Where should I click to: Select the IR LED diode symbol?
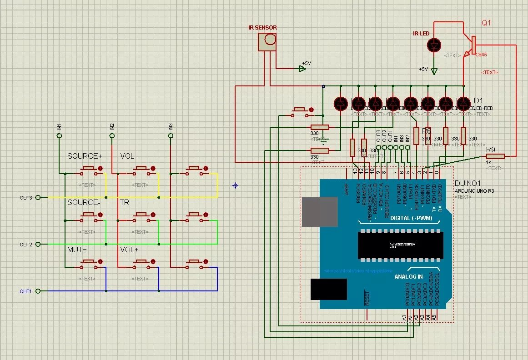point(434,45)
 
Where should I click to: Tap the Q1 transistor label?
point(486,23)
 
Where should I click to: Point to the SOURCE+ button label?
point(85,156)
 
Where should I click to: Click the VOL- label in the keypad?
point(128,156)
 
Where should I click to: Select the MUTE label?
point(77,250)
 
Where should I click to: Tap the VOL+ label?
point(129,250)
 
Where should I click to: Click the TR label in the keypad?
point(124,202)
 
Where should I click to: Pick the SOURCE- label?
point(84,202)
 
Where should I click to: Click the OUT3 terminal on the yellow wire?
point(38,197)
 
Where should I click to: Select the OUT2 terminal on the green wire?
point(38,244)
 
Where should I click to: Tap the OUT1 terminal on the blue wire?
point(38,291)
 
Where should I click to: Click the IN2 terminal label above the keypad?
point(112,127)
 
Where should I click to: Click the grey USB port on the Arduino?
point(319,211)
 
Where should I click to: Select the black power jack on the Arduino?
point(328,289)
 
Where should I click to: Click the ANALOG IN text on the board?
point(408,276)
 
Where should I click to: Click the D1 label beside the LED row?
point(478,100)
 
